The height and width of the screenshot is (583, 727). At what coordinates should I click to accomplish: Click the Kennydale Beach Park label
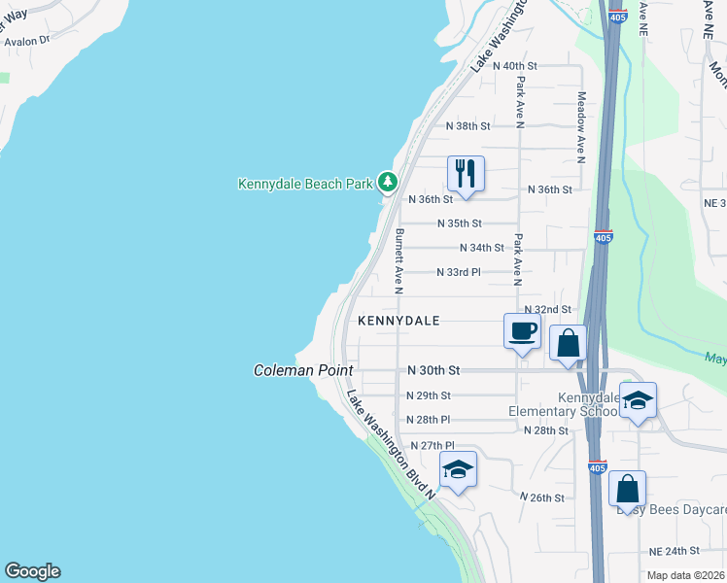click(306, 183)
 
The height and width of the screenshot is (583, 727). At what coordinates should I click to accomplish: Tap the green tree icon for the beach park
click(388, 182)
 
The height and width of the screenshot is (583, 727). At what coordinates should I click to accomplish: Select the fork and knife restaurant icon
click(466, 174)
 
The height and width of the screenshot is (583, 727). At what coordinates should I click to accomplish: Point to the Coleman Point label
click(302, 371)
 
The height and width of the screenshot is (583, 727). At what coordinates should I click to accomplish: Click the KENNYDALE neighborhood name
click(398, 320)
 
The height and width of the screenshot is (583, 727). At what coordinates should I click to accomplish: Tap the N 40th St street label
click(515, 66)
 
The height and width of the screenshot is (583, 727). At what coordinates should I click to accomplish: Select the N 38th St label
click(468, 126)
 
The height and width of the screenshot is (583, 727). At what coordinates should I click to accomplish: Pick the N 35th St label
click(460, 223)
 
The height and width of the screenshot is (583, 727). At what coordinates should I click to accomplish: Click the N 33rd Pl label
click(459, 272)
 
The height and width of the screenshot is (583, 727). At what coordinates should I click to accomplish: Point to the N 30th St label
click(433, 371)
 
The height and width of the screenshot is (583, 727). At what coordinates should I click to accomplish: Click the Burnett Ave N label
click(398, 260)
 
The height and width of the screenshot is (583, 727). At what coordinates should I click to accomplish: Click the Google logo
click(32, 571)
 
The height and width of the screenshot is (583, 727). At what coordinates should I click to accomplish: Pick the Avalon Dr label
click(26, 42)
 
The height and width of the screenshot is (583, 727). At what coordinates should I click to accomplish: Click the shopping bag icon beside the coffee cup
click(569, 343)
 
